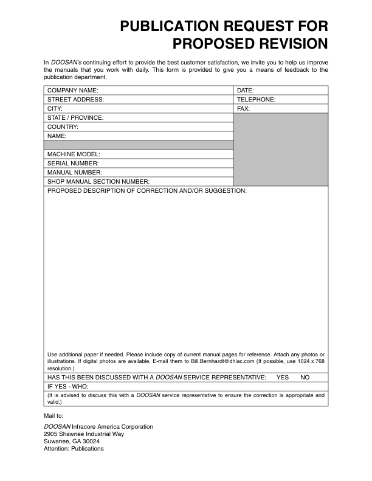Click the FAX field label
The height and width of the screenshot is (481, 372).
[x=243, y=109]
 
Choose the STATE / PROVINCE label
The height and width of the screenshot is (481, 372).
[x=75, y=118]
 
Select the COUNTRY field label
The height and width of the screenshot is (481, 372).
[x=63, y=127]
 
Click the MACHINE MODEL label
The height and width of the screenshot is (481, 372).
[x=74, y=154]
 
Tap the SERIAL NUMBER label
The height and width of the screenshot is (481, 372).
[x=72, y=164]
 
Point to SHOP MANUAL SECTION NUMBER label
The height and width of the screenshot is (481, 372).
[x=98, y=182]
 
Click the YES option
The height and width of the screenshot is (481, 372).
[x=283, y=378]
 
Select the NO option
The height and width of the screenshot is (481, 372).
[x=305, y=378]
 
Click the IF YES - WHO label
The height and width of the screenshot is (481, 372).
[x=68, y=387]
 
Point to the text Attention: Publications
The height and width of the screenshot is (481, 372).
[x=74, y=449]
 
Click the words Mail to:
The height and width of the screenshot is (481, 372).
[x=53, y=415]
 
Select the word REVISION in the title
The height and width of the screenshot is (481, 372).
[x=284, y=44]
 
